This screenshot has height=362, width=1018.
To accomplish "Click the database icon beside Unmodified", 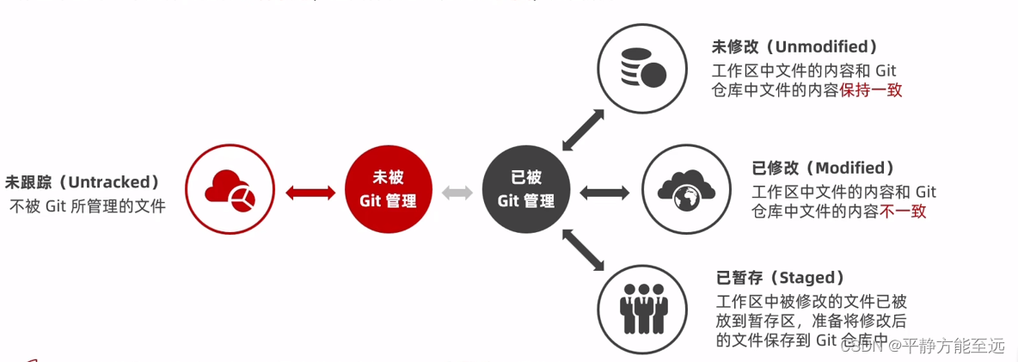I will click(643, 67).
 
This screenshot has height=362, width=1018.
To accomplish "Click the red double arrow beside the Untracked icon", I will click(310, 193).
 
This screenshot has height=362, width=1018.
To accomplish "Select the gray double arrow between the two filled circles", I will click(457, 193).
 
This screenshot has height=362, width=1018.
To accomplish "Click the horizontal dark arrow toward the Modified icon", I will click(605, 193).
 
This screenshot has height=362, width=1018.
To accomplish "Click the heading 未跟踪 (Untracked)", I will click(83, 182).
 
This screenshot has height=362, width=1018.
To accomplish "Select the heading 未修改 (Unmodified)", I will click(794, 46).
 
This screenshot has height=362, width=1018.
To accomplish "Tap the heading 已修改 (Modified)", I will click(824, 168).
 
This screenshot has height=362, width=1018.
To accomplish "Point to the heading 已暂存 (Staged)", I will click(780, 278).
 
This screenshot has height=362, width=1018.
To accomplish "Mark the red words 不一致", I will click(903, 211).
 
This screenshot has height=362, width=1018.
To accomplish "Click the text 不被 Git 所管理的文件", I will click(88, 206).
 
